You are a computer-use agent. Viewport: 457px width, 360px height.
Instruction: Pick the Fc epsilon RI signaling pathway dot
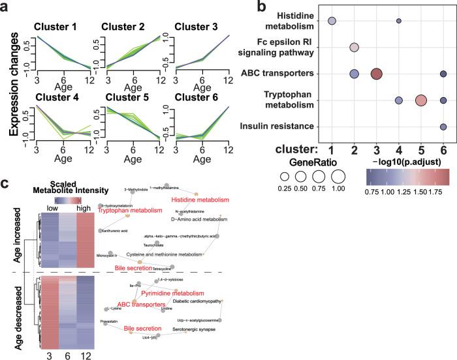click(x=355, y=48)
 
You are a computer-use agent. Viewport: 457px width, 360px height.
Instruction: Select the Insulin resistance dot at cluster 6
click(x=443, y=127)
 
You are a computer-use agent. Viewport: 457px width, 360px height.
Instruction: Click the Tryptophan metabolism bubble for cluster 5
click(x=421, y=100)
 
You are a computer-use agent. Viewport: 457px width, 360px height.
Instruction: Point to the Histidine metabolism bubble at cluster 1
click(x=332, y=22)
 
